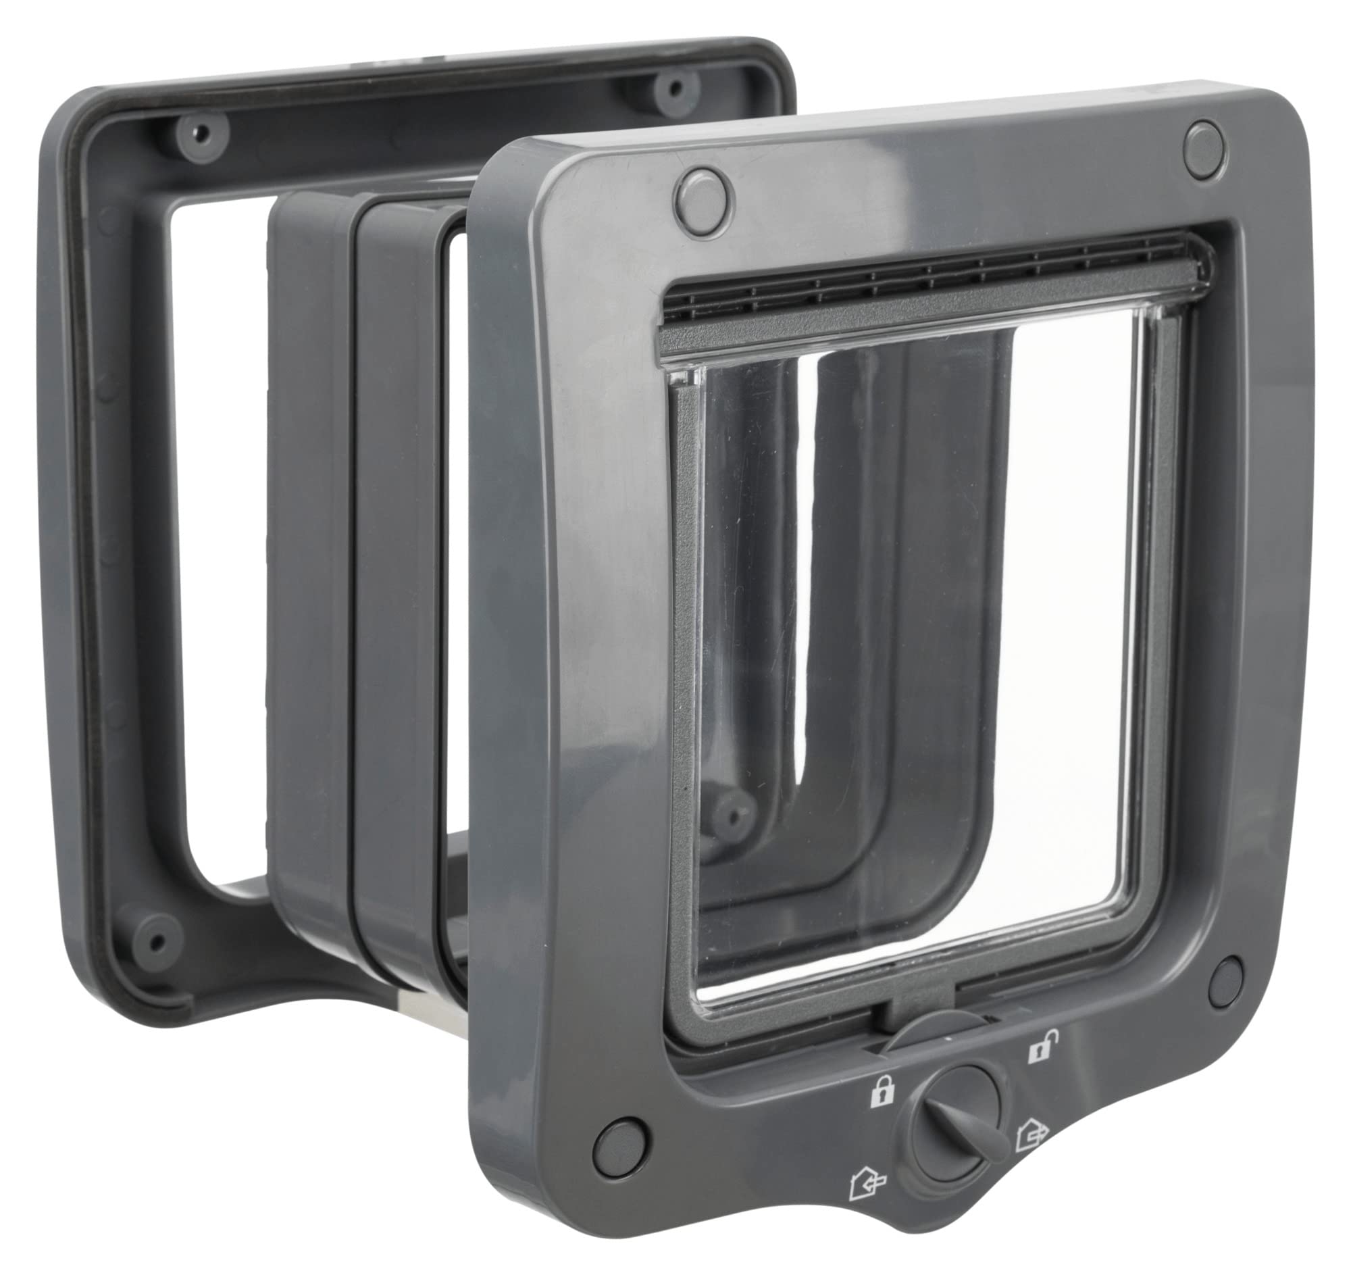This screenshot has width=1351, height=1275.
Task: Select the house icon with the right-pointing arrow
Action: [x=1031, y=1132]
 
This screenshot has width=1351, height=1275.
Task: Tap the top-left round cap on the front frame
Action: [x=704, y=193]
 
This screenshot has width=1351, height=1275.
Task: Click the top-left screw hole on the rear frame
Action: [x=200, y=131]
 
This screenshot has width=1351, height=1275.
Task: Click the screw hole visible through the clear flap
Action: [x=729, y=810]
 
